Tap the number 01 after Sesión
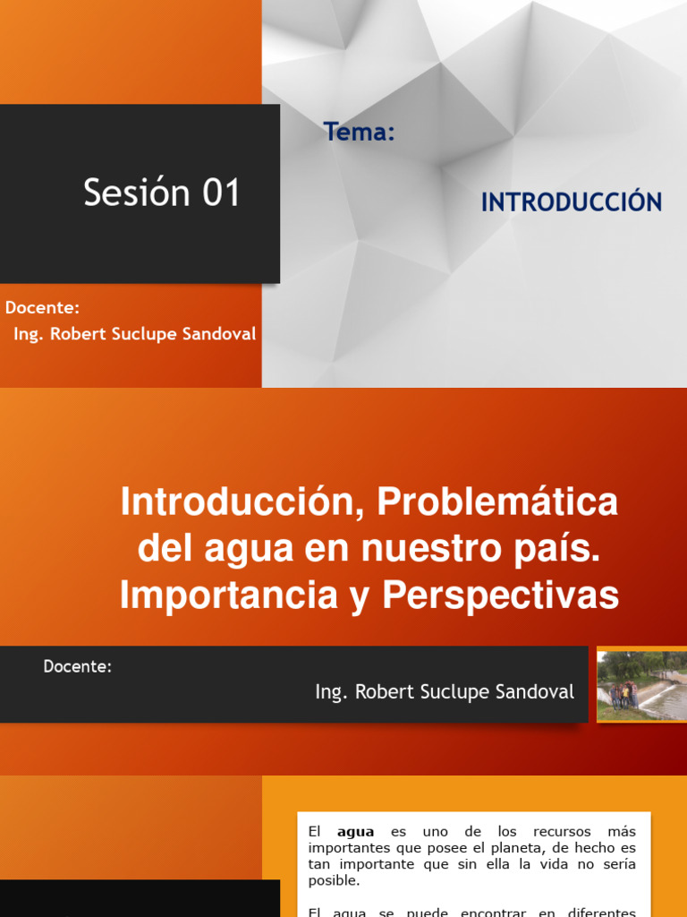click(221, 193)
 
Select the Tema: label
click(360, 133)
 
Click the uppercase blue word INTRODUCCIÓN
click(572, 202)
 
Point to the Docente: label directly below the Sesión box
click(42, 308)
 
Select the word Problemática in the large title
click(497, 502)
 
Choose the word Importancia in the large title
click(233, 596)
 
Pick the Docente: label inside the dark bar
click(78, 666)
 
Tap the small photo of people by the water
click(641, 685)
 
